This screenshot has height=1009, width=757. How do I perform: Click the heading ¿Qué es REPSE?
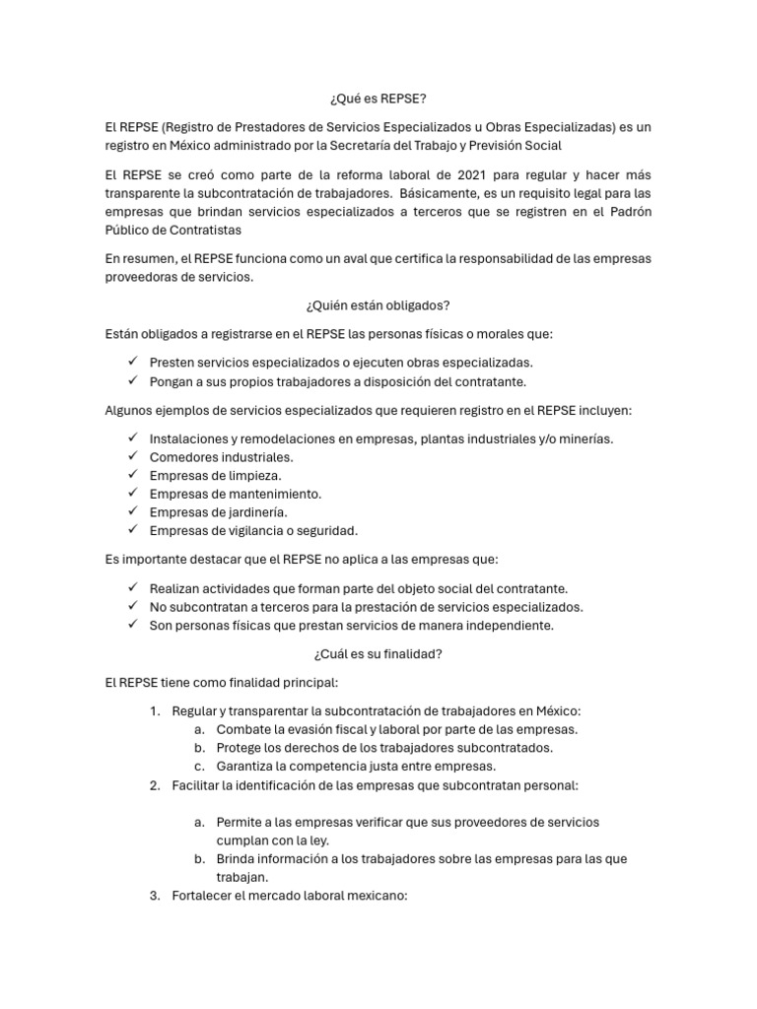[378, 100]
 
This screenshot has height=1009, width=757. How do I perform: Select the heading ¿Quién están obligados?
[378, 305]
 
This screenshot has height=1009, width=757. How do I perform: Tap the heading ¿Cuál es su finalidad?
[378, 652]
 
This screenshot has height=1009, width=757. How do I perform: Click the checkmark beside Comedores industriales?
[132, 457]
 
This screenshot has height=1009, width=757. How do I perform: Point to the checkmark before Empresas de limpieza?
[132, 475]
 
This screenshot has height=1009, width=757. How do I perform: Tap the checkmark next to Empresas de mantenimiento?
[132, 494]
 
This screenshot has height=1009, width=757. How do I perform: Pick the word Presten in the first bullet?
[172, 363]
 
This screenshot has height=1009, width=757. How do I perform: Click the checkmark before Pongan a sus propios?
[132, 381]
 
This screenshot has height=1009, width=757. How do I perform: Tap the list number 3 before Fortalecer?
[155, 896]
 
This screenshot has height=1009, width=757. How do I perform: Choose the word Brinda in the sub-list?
[238, 859]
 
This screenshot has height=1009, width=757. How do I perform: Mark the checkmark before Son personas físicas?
[132, 625]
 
